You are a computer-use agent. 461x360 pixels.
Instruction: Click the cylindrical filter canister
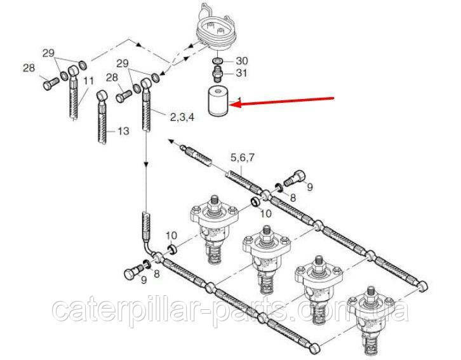tap(219, 100)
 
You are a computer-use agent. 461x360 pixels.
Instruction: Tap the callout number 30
tap(242, 61)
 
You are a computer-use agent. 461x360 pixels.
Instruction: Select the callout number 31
tap(242, 72)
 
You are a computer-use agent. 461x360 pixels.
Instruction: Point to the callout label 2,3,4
tap(182, 117)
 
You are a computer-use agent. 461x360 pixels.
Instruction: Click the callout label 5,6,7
tap(243, 158)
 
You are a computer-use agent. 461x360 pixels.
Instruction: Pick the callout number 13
tap(123, 131)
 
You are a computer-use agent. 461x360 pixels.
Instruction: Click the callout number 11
tap(89, 81)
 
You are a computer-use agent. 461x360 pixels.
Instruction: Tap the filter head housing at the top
tap(216, 28)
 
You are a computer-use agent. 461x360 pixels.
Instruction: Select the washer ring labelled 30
tap(218, 60)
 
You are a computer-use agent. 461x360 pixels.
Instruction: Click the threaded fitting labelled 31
tap(218, 74)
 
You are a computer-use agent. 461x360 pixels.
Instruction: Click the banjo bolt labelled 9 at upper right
tap(295, 177)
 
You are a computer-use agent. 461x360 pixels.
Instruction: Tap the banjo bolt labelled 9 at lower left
tap(133, 271)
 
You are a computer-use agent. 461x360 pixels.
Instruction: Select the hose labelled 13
tap(102, 117)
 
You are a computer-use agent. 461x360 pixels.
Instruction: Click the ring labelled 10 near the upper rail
tap(256, 201)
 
